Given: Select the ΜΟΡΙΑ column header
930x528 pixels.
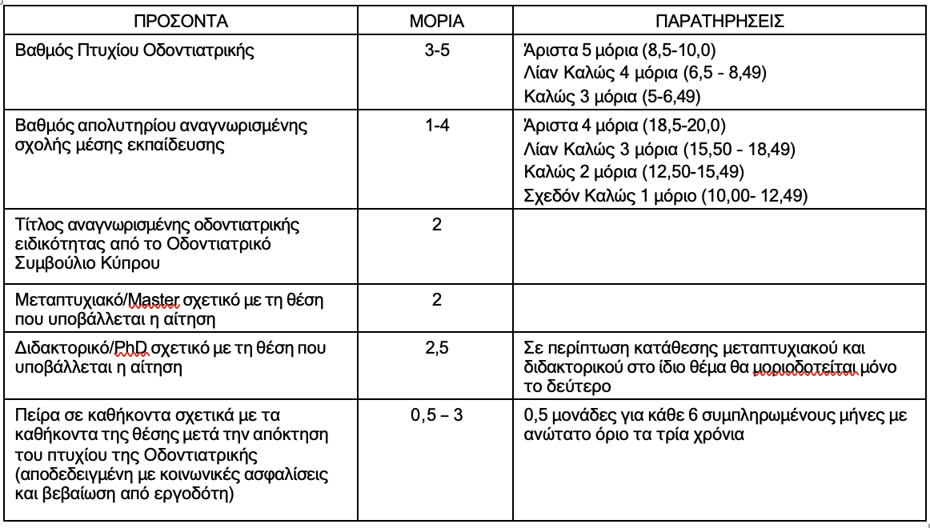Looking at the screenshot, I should pos(437,19).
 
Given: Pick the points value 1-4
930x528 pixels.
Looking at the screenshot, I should pos(436,126).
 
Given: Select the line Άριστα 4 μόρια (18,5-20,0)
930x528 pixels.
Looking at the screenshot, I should pos(623,126).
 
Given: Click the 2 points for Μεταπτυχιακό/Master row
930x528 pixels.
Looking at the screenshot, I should pos(437,299).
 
